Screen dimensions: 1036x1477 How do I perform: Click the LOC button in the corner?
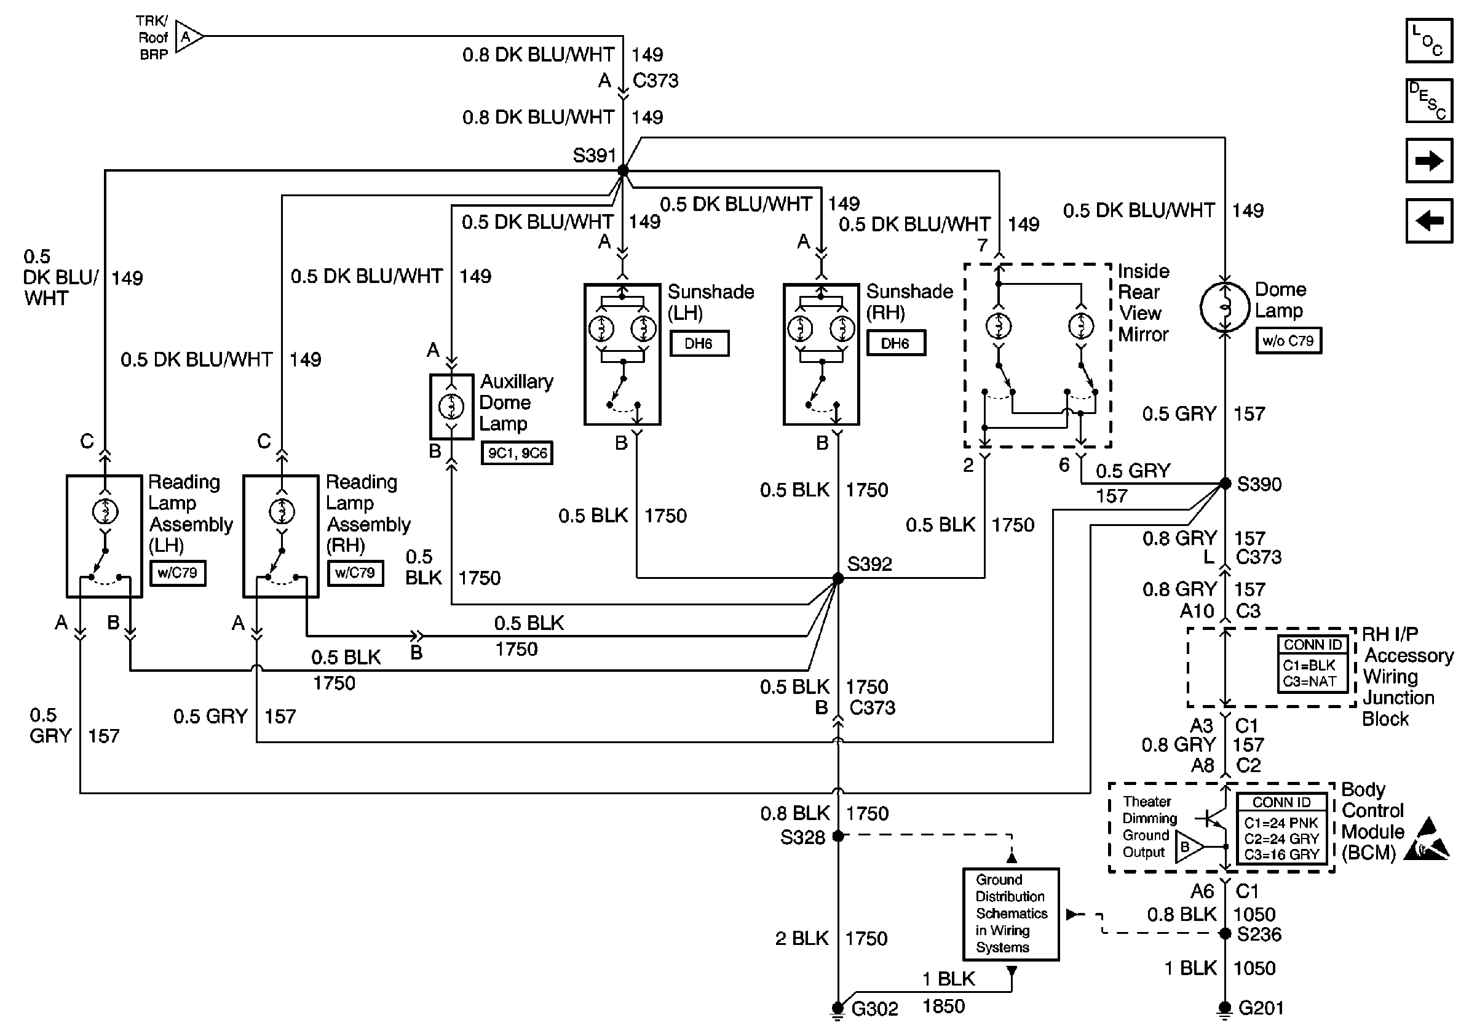[1429, 41]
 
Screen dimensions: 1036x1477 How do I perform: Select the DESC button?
[1429, 100]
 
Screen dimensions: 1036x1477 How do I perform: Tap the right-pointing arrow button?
[1429, 160]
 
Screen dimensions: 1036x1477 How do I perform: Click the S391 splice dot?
[623, 170]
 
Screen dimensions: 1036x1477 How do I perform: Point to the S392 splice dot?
[837, 578]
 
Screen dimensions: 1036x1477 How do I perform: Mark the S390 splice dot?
[1226, 484]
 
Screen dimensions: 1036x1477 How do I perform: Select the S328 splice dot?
[837, 836]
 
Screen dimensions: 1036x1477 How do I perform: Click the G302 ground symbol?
[837, 1009]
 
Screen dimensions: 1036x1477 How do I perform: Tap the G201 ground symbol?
[1226, 1009]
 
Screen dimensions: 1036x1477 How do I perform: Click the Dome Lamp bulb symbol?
[1225, 308]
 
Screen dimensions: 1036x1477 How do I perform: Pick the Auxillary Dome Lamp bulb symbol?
[451, 406]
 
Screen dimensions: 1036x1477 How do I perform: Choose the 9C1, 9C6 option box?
[517, 452]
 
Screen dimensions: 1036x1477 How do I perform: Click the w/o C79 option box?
[1288, 340]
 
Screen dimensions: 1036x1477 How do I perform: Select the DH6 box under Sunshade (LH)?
[699, 343]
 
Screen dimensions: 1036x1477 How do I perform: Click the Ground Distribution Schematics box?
[1011, 914]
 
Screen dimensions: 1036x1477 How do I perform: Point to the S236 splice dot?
[1226, 934]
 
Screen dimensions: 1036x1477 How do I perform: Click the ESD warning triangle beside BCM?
[1427, 840]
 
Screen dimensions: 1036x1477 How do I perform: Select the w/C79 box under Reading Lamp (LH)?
[178, 573]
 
